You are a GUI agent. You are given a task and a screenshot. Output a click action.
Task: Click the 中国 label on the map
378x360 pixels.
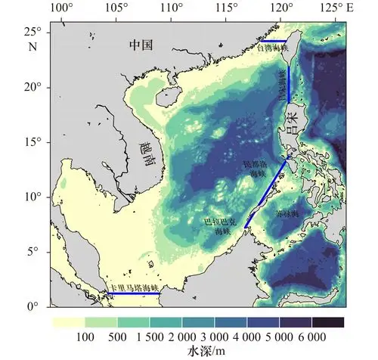[141, 45]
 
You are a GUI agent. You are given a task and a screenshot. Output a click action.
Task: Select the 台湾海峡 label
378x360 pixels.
[274, 48]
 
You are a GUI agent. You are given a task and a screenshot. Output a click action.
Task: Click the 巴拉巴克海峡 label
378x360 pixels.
[224, 226]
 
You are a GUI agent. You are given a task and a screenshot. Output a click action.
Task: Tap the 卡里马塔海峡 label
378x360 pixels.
[135, 287]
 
